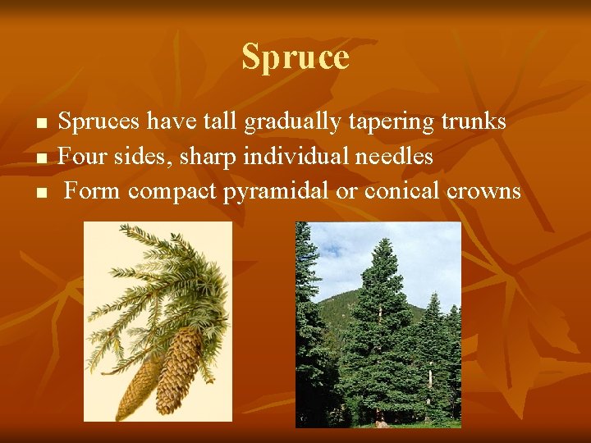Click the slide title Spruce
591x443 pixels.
(x=295, y=57)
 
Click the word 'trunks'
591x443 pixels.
(x=474, y=121)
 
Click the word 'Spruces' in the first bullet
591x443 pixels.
(x=101, y=122)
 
